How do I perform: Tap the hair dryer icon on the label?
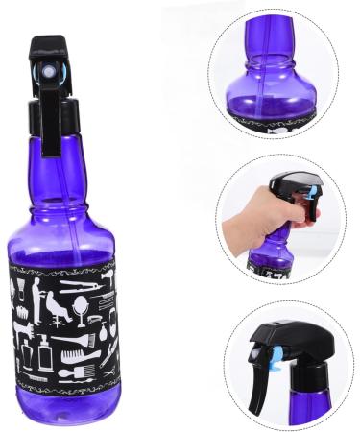click(103, 278)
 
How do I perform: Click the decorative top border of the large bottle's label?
click(63, 262)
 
